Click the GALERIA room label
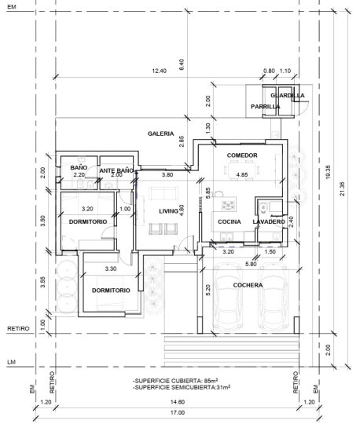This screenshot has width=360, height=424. pos(161,133)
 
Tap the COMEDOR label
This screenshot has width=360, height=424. pos(242,155)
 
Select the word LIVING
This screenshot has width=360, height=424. pos(168,211)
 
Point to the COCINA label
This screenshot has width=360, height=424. pos(230,221)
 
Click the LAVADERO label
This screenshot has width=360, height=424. pos(269,221)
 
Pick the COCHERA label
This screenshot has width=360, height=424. pos(248,285)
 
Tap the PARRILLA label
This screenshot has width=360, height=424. pos(265,107)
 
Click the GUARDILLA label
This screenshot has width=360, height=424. pos(288,96)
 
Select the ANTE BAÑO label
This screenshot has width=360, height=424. pos(116,170)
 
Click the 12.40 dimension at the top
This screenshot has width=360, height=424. pos(159,71)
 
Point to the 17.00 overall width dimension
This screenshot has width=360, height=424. pos(178,413)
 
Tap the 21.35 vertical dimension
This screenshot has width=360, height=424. pos(343,188)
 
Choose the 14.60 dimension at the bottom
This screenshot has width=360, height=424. pos(178,402)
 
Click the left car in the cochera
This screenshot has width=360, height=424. pos(228,297)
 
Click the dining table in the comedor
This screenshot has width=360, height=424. pos(242,170)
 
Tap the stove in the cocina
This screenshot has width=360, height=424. pos(228,206)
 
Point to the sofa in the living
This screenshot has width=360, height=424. pos(163,193)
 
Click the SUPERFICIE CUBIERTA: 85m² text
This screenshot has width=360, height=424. pos(175,381)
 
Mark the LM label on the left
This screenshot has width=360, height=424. pos(11,362)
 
